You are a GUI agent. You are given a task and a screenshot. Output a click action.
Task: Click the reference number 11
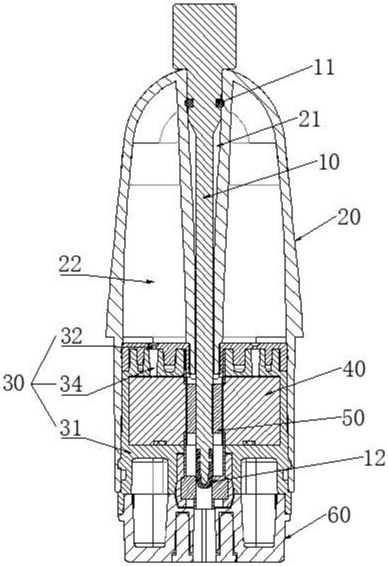pyautogui.click(x=324, y=67)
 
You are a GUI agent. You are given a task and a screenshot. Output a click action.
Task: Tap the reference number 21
pyautogui.click(x=309, y=119)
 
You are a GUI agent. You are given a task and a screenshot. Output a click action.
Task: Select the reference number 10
pyautogui.click(x=329, y=162)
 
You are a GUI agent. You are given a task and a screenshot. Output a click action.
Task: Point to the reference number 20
pyautogui.click(x=348, y=217)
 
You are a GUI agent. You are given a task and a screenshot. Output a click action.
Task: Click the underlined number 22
pyautogui.click(x=70, y=265)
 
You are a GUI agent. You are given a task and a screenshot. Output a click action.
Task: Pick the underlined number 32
pyautogui.click(x=72, y=336)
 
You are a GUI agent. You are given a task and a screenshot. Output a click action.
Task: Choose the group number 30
pyautogui.click(x=13, y=383)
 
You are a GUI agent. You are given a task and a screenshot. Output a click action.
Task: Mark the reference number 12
pyautogui.click(x=375, y=458)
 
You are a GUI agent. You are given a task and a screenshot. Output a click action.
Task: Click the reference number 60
pyautogui.click(x=338, y=515)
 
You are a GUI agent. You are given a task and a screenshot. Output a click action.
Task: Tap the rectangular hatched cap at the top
pyautogui.click(x=205, y=36)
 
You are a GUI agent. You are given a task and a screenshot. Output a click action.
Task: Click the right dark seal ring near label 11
pyautogui.click(x=219, y=103)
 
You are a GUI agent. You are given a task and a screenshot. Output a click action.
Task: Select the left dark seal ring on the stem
pyautogui.click(x=189, y=103)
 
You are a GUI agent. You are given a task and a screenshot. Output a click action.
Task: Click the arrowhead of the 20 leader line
pyautogui.click(x=297, y=238)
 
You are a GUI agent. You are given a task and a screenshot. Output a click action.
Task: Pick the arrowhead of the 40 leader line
pyautogui.click(x=266, y=393)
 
